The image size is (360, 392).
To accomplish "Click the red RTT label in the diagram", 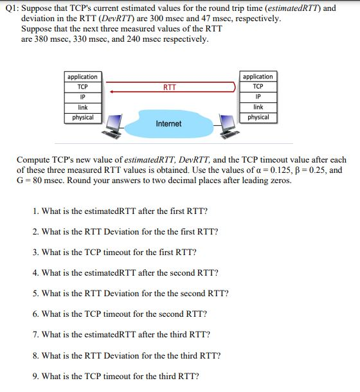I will pyautogui.click(x=170, y=87).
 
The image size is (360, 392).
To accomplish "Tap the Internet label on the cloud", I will pyautogui.click(x=168, y=123).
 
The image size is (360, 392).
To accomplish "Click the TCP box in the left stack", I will pyautogui.click(x=82, y=87).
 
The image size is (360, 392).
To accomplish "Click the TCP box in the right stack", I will pyautogui.click(x=258, y=87).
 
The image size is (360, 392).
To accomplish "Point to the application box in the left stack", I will pyautogui.click(x=82, y=76).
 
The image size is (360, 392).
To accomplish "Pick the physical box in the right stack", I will pyautogui.click(x=258, y=118).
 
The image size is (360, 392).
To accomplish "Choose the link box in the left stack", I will pyautogui.click(x=82, y=107).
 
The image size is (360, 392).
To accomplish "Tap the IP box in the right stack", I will pyautogui.click(x=258, y=97).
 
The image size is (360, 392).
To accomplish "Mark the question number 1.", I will pyautogui.click(x=35, y=211).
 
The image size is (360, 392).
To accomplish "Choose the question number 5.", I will pyautogui.click(x=35, y=293).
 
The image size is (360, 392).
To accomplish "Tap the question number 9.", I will pyautogui.click(x=35, y=375).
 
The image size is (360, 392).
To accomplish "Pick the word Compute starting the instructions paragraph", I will pyautogui.click(x=34, y=160).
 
